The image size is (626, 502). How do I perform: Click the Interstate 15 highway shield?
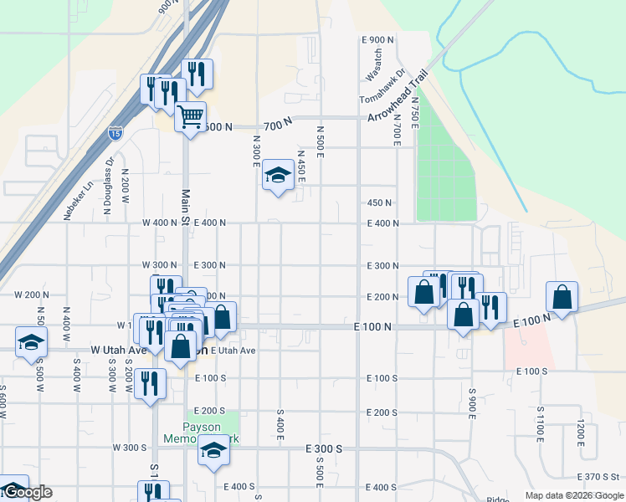(x=114, y=133)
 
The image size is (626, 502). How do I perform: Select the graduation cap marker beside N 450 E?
(x=278, y=175)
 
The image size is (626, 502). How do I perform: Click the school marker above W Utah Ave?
(x=31, y=341)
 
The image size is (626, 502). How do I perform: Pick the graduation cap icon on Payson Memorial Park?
(x=214, y=451)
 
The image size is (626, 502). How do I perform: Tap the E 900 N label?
(x=378, y=40)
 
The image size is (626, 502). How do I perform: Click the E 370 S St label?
(x=598, y=477)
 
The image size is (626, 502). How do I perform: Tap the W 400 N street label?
(x=160, y=223)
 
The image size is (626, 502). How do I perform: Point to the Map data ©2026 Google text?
(x=574, y=495)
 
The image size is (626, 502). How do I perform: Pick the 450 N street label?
(x=380, y=202)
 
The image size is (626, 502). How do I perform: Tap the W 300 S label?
(x=130, y=448)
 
